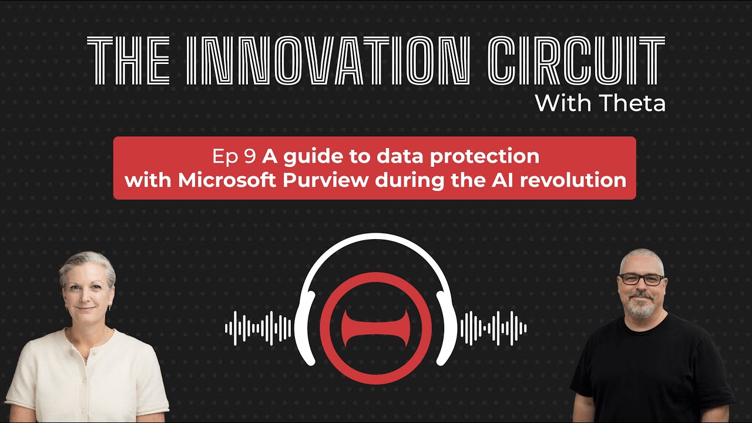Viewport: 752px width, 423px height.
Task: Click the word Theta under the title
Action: point(633,104)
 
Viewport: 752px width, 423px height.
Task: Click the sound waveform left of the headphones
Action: point(258,328)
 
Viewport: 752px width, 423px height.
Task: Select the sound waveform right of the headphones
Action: point(493,328)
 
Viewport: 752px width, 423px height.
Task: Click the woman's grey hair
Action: point(87,264)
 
